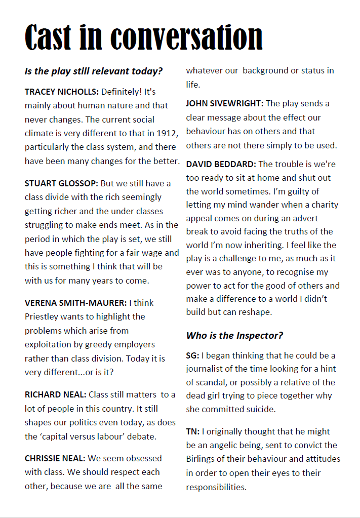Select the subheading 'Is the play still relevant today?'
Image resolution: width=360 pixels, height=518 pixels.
[94, 71]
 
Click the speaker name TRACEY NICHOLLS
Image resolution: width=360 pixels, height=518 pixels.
[62, 92]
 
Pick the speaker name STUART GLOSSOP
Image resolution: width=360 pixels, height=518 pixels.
[61, 183]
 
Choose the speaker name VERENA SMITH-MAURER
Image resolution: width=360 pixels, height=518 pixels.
[76, 303]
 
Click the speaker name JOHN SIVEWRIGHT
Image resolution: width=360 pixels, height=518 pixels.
[224, 103]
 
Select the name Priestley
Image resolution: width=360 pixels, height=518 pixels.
[43, 316]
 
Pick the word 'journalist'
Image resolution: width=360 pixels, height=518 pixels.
[205, 369]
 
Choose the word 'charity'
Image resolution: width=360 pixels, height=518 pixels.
[322, 205]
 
